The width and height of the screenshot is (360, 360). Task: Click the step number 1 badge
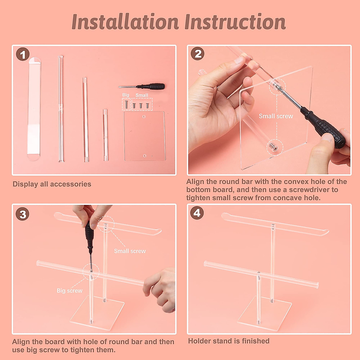pos(22,54)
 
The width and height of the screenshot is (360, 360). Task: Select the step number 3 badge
pos(22,214)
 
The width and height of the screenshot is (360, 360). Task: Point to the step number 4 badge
pos(197,213)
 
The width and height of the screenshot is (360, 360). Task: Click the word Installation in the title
pos(125,22)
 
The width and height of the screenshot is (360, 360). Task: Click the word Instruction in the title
pos(235,22)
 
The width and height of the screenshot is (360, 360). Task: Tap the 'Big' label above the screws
pos(126,95)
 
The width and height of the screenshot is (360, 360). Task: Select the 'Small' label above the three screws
pos(142,95)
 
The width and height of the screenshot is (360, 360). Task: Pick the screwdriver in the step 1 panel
pos(142,86)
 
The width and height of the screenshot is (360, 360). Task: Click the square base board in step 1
pos(145,136)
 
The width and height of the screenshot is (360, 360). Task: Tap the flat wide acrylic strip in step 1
pos(34,109)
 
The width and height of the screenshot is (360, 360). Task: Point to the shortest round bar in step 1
pos(105,135)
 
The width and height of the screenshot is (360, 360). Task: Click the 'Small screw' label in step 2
pos(276,116)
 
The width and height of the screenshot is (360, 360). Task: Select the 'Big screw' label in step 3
pos(70,291)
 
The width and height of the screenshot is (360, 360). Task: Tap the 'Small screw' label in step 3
pos(130,251)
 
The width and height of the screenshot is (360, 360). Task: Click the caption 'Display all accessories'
pos(52,184)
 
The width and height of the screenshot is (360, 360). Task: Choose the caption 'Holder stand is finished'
pos(229,341)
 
